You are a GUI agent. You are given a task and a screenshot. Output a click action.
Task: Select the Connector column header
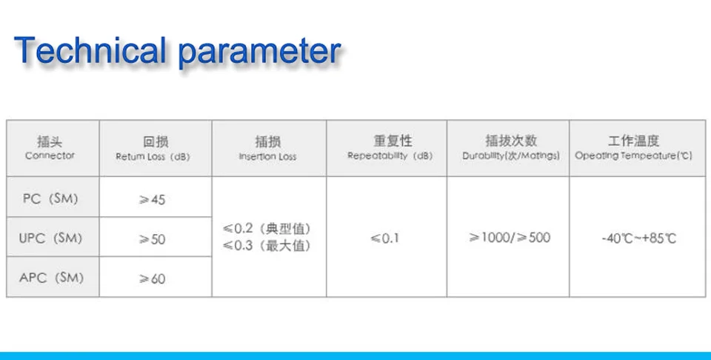50,148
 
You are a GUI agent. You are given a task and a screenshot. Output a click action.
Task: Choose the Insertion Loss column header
267,149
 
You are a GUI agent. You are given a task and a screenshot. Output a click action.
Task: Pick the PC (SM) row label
50,199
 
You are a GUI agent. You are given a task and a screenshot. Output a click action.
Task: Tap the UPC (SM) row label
50,238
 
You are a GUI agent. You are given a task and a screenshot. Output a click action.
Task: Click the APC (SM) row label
51,278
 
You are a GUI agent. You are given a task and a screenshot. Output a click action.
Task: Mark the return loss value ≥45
152,199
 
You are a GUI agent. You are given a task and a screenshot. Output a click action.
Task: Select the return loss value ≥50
152,239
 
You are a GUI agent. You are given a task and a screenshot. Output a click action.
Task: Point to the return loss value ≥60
152,279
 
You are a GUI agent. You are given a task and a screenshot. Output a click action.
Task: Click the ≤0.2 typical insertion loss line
267,228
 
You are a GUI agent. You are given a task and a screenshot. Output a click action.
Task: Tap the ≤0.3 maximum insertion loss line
267,245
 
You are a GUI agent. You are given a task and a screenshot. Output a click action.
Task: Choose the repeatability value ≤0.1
384,238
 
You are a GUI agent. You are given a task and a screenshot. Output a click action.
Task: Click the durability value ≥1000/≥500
510,238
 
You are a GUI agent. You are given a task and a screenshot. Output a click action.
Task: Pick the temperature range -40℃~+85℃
639,239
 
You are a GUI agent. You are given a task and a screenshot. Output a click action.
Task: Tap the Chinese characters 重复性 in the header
393,141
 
